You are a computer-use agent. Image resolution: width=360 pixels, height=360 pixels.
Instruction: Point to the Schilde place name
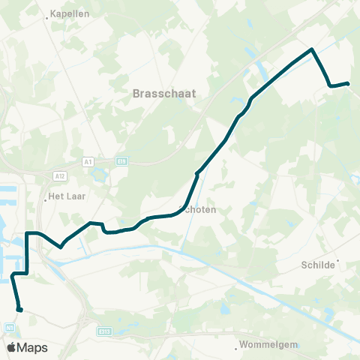click(x=318, y=265)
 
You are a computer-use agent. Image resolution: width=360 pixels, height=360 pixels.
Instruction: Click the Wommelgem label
click(x=268, y=346)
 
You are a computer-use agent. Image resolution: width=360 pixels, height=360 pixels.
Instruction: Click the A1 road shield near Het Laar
click(x=88, y=160)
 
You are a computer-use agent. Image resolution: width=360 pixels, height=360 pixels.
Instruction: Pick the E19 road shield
click(x=121, y=160)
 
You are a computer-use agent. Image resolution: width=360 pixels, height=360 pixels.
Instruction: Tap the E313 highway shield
click(x=104, y=330)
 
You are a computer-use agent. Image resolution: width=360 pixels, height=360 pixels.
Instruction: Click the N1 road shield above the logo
click(x=10, y=327)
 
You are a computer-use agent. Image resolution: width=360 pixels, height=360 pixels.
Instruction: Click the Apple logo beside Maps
click(x=10, y=347)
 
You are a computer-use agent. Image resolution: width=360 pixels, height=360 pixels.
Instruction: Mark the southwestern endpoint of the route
click(x=19, y=309)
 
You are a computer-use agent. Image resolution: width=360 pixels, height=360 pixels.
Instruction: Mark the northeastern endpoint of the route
click(x=348, y=83)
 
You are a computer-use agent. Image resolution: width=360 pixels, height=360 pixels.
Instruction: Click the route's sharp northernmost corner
click(x=311, y=49)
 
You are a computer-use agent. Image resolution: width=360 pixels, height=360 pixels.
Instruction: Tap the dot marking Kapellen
click(x=47, y=16)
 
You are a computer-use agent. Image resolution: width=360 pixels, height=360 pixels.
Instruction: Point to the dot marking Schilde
click(x=338, y=261)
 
